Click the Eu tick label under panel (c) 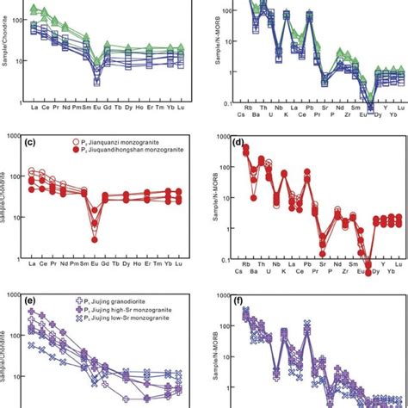pyautogui.click(x=96, y=264)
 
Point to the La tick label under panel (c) pyautogui.click(x=33, y=264)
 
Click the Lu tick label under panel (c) pyautogui.click(x=177, y=264)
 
